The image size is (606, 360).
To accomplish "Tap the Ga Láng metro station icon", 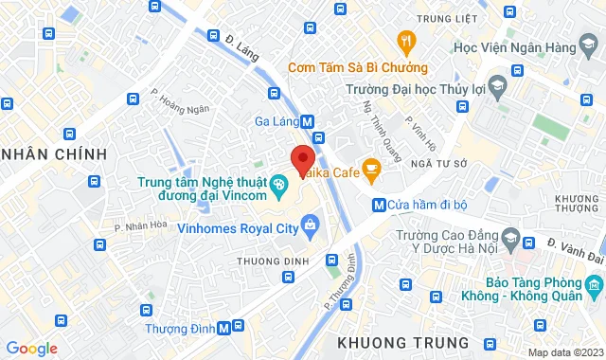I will click(308, 121).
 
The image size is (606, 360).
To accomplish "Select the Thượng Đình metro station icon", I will click(223, 328).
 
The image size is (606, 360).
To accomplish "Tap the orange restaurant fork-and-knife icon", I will click(407, 41).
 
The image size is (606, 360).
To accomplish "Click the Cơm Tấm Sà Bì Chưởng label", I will click(358, 67).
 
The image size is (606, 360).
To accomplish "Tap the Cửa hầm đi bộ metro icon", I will click(379, 204).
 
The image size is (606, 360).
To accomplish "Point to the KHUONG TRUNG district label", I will click(402, 341).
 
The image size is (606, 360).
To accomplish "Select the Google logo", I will click(31, 349).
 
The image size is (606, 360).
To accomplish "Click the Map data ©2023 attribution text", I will click(564, 352).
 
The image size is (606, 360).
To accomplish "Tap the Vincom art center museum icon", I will click(279, 183).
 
